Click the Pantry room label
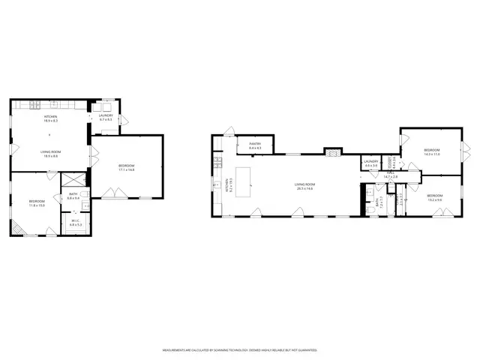(254, 147)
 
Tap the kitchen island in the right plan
(244, 178)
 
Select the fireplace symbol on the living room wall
(331, 150)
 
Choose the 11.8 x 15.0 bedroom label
(37, 202)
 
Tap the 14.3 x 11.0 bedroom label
(431, 151)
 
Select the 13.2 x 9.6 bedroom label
(435, 199)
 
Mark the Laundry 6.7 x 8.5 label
(105, 117)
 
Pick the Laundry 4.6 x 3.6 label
(370, 163)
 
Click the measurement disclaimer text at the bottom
(240, 350)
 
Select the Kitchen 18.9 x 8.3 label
(50, 118)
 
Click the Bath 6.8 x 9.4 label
(73, 198)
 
